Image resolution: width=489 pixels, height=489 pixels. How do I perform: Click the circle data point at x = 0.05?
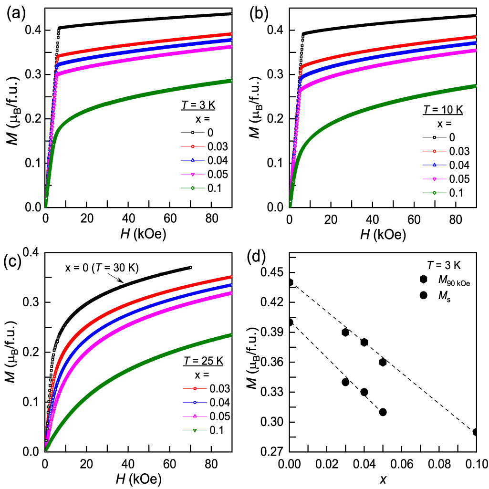(383, 412)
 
